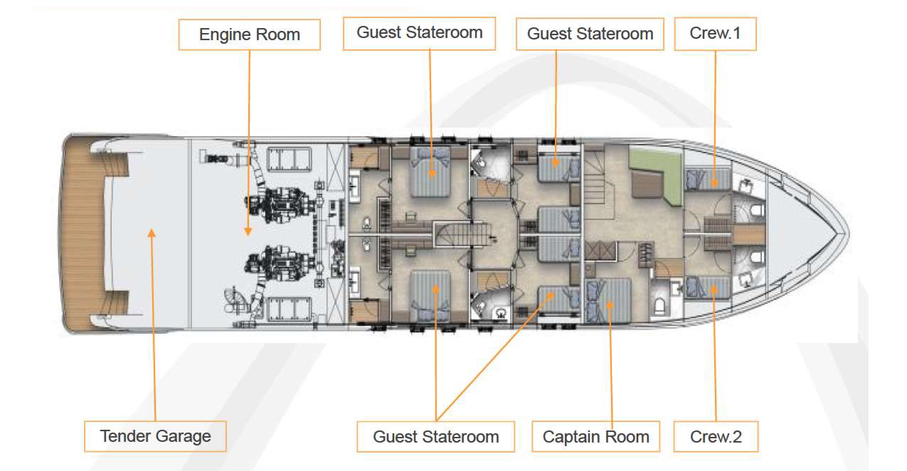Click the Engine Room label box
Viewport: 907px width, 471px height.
[249, 34]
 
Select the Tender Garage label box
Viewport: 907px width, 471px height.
[155, 436]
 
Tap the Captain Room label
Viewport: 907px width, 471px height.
[596, 437]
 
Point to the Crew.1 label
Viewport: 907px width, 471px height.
[715, 34]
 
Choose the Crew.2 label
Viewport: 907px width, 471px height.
[716, 437]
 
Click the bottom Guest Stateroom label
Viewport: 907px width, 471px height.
[436, 437]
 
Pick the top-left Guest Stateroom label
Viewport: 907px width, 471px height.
[419, 33]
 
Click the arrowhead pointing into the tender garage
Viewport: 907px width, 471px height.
[152, 233]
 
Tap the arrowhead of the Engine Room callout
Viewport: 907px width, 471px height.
[248, 231]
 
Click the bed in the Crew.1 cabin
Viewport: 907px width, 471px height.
[707, 180]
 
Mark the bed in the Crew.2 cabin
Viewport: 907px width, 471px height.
[707, 287]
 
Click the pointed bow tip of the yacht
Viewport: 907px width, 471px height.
[849, 233]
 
